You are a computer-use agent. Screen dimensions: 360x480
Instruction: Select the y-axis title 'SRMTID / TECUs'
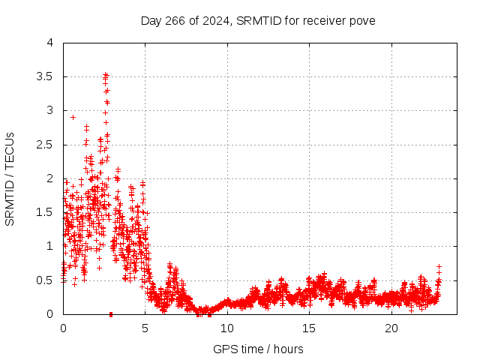coord(10,178)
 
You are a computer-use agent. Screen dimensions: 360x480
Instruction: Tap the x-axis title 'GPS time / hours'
coord(258,349)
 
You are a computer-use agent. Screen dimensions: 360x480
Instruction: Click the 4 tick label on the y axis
coord(50,43)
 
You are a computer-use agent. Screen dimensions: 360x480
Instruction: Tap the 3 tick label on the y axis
coord(50,110)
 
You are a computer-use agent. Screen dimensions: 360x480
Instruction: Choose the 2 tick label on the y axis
coord(50,178)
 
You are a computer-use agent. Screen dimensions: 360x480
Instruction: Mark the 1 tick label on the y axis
coord(50,246)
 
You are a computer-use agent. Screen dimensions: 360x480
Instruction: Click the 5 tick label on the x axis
coord(145,328)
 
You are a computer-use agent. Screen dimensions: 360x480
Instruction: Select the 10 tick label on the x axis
coord(227,328)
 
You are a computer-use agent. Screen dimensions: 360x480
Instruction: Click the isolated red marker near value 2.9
coord(73,117)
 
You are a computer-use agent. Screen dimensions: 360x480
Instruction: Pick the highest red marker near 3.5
coord(106,74)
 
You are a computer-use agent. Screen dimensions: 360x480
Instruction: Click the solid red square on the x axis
coord(111,314)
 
